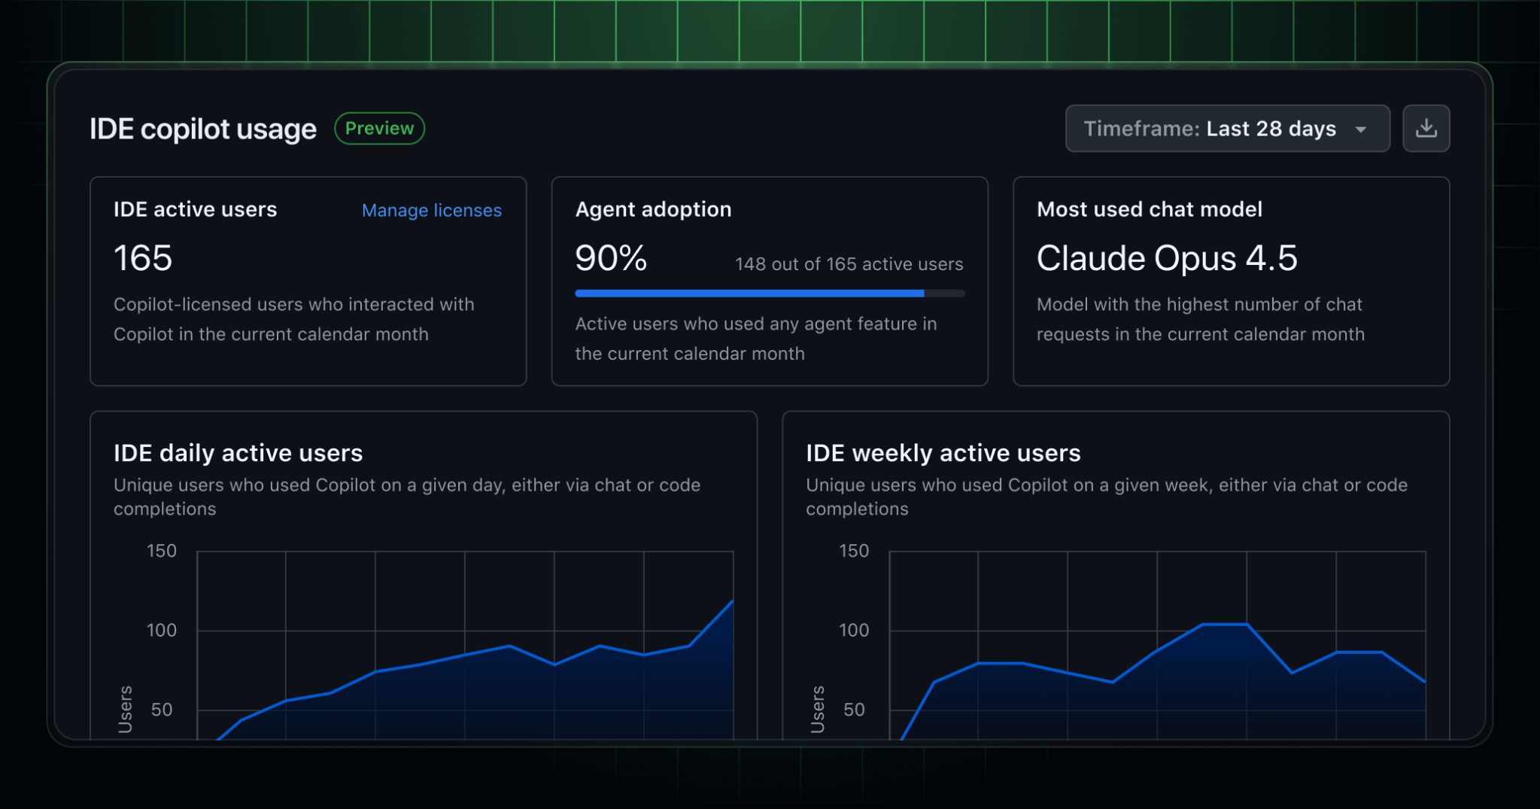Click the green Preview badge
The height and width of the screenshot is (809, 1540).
tap(379, 129)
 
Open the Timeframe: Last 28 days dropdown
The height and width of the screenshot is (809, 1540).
tap(1226, 129)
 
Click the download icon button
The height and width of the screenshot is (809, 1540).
tap(1426, 129)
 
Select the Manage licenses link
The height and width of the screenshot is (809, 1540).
tap(431, 211)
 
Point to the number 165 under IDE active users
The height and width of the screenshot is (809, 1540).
tap(143, 258)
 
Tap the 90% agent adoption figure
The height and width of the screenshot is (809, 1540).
tap(611, 258)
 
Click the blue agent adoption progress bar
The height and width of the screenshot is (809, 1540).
tap(749, 293)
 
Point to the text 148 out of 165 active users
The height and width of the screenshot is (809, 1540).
tap(849, 264)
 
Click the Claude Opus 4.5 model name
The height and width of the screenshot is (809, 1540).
tap(1167, 258)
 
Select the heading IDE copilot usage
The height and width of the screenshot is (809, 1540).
tap(203, 129)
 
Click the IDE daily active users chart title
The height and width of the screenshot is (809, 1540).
tap(238, 453)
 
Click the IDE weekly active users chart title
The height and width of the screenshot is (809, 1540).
tap(943, 453)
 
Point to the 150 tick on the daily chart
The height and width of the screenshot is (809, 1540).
tap(161, 551)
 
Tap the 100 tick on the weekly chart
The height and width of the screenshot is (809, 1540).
tap(854, 630)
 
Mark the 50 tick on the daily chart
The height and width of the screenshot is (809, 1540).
tap(162, 710)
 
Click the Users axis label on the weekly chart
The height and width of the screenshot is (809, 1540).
tap(818, 709)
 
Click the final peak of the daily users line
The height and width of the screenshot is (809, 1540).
tap(732, 601)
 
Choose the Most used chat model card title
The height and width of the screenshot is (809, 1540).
tap(1149, 209)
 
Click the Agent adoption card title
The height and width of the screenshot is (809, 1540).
tap(653, 209)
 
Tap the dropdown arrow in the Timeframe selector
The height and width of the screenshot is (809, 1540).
tap(1361, 129)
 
